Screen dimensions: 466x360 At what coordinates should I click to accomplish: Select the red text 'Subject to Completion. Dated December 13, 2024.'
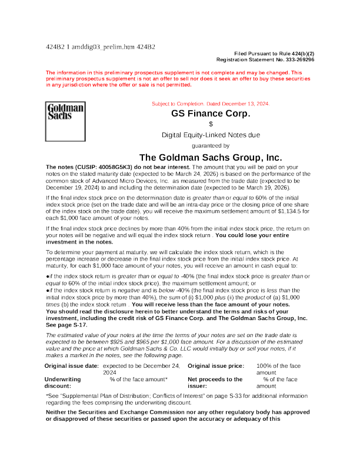coord(211,104)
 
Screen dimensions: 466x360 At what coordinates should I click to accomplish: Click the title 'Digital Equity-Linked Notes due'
coord(211,135)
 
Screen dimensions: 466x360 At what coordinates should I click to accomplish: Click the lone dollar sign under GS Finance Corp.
coord(211,124)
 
